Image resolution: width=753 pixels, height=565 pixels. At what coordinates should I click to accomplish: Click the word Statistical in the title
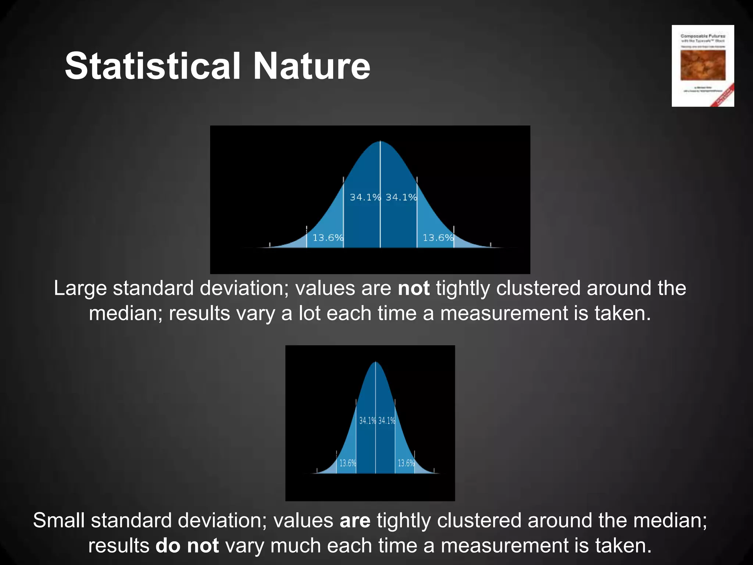(x=153, y=66)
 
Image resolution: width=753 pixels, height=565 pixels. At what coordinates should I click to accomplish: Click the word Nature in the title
(x=311, y=66)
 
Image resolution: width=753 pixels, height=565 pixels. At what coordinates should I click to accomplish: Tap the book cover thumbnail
(x=703, y=66)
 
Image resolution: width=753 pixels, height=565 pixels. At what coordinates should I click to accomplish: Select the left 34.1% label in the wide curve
(x=365, y=198)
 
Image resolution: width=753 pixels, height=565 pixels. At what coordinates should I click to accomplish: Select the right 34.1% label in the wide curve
(x=401, y=198)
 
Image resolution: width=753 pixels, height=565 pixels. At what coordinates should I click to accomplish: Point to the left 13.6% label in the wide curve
(x=328, y=238)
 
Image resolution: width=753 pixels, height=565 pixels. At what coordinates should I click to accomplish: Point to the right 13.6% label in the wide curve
(x=438, y=238)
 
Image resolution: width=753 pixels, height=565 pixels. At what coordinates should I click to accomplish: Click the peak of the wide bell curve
(x=380, y=142)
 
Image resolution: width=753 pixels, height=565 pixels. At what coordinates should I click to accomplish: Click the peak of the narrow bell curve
(x=375, y=363)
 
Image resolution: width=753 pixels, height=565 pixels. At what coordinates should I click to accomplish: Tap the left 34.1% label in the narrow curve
(x=367, y=420)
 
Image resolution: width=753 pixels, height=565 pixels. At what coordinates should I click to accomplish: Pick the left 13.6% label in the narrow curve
(x=347, y=463)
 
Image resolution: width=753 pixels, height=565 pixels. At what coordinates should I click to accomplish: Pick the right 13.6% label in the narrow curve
(x=406, y=463)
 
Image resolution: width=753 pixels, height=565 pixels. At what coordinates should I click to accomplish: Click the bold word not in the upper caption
(x=414, y=288)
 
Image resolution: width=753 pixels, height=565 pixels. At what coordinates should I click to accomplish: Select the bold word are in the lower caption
(x=355, y=521)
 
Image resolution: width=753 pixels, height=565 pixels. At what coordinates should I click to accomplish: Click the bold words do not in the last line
(x=187, y=546)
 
